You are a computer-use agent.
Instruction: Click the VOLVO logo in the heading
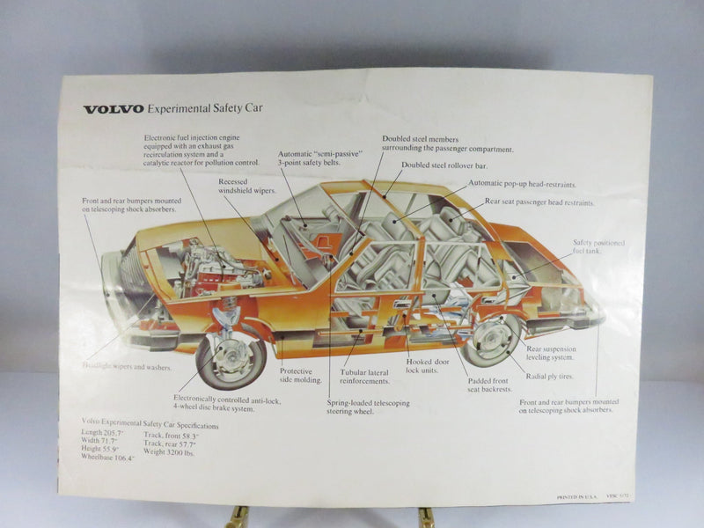114,110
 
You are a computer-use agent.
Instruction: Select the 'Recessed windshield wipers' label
247,186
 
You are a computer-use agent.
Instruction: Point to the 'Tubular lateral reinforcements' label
365,377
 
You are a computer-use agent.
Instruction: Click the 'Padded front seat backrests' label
491,385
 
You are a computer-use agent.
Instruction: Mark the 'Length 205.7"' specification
103,432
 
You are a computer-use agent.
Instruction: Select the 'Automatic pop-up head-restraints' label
524,183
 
